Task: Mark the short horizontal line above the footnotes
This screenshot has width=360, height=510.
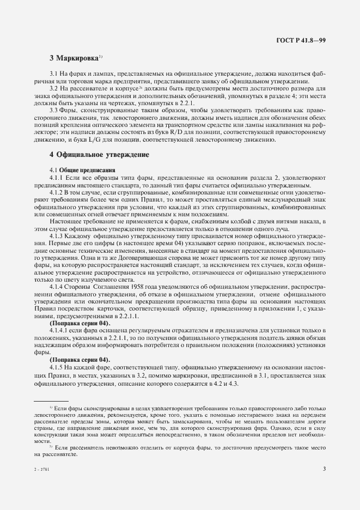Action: click(x=51, y=400)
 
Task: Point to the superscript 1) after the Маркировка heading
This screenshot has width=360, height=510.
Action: click(x=101, y=55)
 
